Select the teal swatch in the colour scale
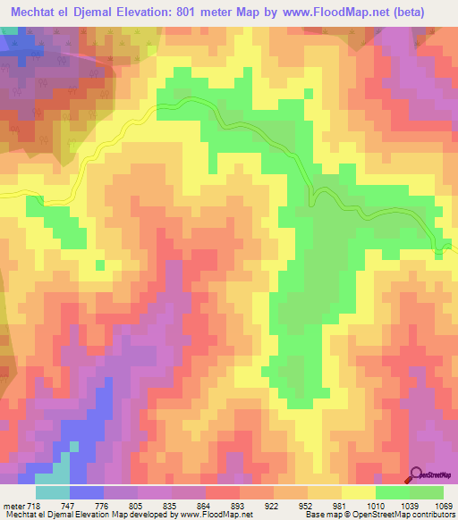tap(53, 491)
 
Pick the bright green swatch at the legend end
tap(427, 491)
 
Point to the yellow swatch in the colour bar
tap(359, 491)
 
